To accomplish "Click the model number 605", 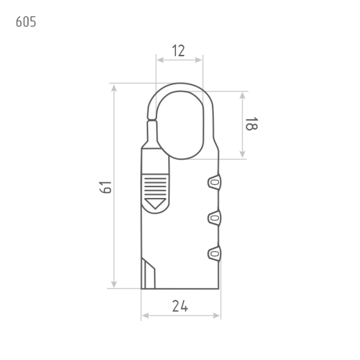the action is [x=26, y=22].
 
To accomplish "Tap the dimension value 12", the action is [x=178, y=51].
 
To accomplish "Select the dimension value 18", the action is [x=252, y=123].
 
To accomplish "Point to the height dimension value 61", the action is [x=106, y=188].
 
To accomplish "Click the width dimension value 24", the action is [x=180, y=306].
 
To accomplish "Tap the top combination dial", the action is [x=215, y=182].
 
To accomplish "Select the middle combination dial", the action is [x=215, y=218].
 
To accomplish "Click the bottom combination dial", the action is [x=215, y=254].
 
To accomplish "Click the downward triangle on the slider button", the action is [x=155, y=204].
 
